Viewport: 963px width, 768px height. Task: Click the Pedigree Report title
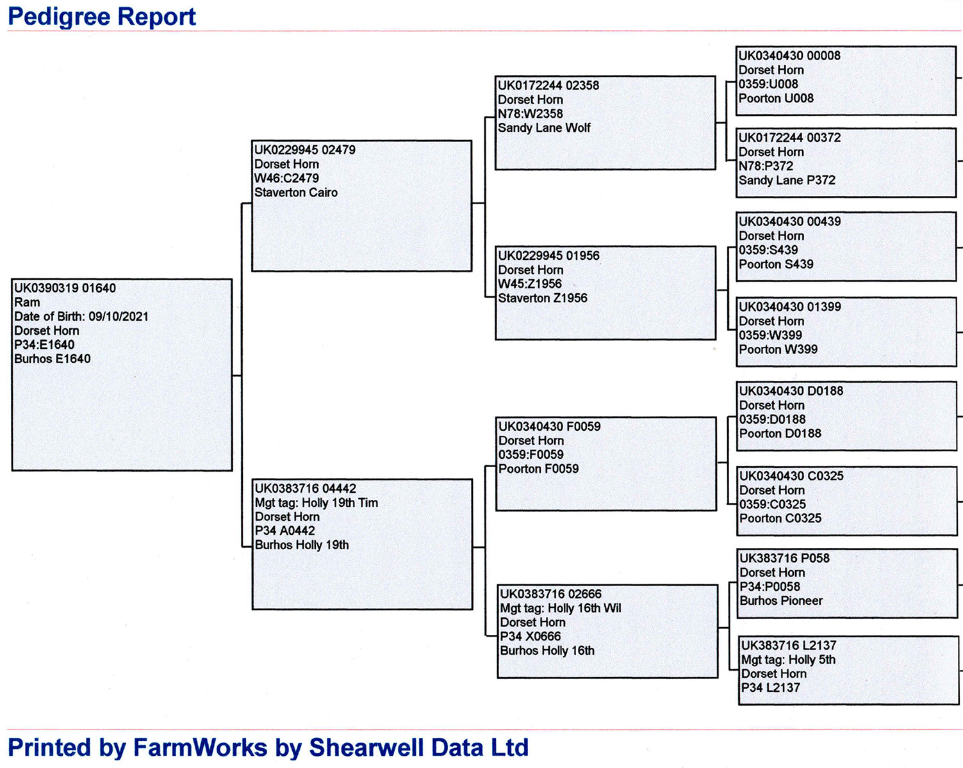pos(102,17)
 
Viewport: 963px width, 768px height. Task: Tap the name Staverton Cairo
pos(296,193)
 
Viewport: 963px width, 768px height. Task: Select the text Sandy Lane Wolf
pos(544,128)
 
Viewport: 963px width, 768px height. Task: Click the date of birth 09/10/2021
pos(119,317)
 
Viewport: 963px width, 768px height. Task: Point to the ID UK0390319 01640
pos(65,288)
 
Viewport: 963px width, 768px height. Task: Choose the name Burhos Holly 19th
pos(302,545)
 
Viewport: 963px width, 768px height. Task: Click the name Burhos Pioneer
pos(781,600)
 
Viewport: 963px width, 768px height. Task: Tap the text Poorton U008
pos(776,99)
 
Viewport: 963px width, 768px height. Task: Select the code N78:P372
pos(766,166)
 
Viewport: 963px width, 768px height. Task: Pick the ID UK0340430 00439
pos(790,221)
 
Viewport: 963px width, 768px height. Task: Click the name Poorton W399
pos(778,349)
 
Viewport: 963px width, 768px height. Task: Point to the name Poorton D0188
pos(780,433)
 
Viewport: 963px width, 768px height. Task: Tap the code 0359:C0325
pos(772,504)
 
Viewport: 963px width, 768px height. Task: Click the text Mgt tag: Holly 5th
pos(788,660)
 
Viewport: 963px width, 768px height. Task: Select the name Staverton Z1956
pos(543,298)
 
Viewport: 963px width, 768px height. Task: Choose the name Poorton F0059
pos(539,469)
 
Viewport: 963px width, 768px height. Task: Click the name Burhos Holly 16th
pos(547,650)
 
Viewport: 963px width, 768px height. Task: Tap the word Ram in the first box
pos(27,302)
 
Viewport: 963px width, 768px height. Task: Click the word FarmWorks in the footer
pos(200,748)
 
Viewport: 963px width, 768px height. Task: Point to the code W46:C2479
pos(286,179)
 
